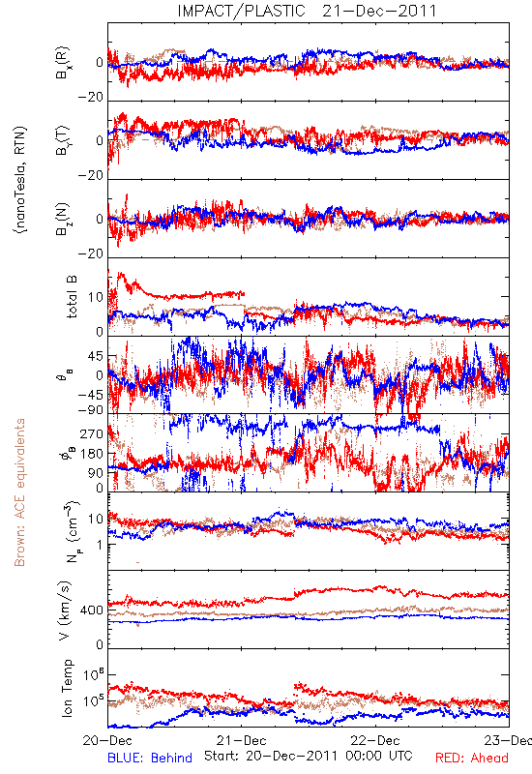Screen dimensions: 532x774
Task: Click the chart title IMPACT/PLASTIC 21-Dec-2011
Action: (x=307, y=11)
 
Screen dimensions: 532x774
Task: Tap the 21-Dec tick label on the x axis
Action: (x=241, y=740)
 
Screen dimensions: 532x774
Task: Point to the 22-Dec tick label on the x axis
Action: (x=375, y=740)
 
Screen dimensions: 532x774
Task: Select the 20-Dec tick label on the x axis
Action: (x=107, y=740)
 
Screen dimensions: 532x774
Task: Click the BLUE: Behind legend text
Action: (x=150, y=758)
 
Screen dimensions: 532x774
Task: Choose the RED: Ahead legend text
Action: (x=472, y=758)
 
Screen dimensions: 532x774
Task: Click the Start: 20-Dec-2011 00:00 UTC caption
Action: (x=309, y=756)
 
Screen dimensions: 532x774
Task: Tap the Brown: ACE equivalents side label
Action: (x=19, y=492)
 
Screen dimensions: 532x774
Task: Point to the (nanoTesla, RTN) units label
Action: (x=20, y=180)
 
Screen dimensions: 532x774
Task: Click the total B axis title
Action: (x=72, y=297)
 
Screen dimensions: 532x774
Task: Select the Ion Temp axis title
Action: (x=67, y=688)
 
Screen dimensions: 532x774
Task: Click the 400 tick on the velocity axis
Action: (x=92, y=610)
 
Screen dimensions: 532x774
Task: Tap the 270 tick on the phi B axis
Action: (x=92, y=433)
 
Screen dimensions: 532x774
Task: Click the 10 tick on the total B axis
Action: (x=96, y=297)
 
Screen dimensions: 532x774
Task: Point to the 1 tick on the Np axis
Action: (x=100, y=545)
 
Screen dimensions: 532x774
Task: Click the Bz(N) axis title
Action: (x=63, y=219)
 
